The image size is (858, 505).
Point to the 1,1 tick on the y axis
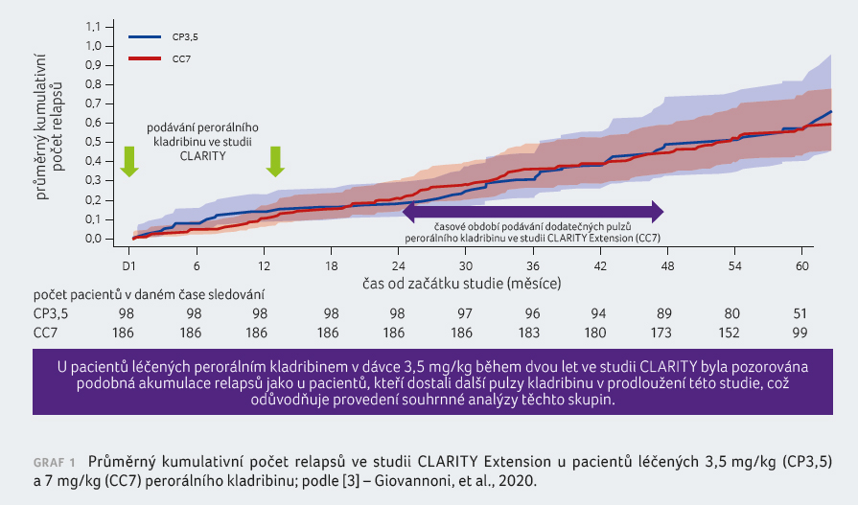point(94,26)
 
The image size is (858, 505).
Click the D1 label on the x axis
point(130,264)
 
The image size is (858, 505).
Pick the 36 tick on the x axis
point(532,264)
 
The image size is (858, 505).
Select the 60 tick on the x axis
point(800,264)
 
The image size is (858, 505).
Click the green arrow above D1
point(129,161)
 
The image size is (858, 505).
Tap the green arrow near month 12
point(275,161)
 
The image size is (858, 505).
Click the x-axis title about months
point(460,284)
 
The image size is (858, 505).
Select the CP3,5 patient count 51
point(800,312)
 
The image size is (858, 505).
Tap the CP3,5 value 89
point(666,312)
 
